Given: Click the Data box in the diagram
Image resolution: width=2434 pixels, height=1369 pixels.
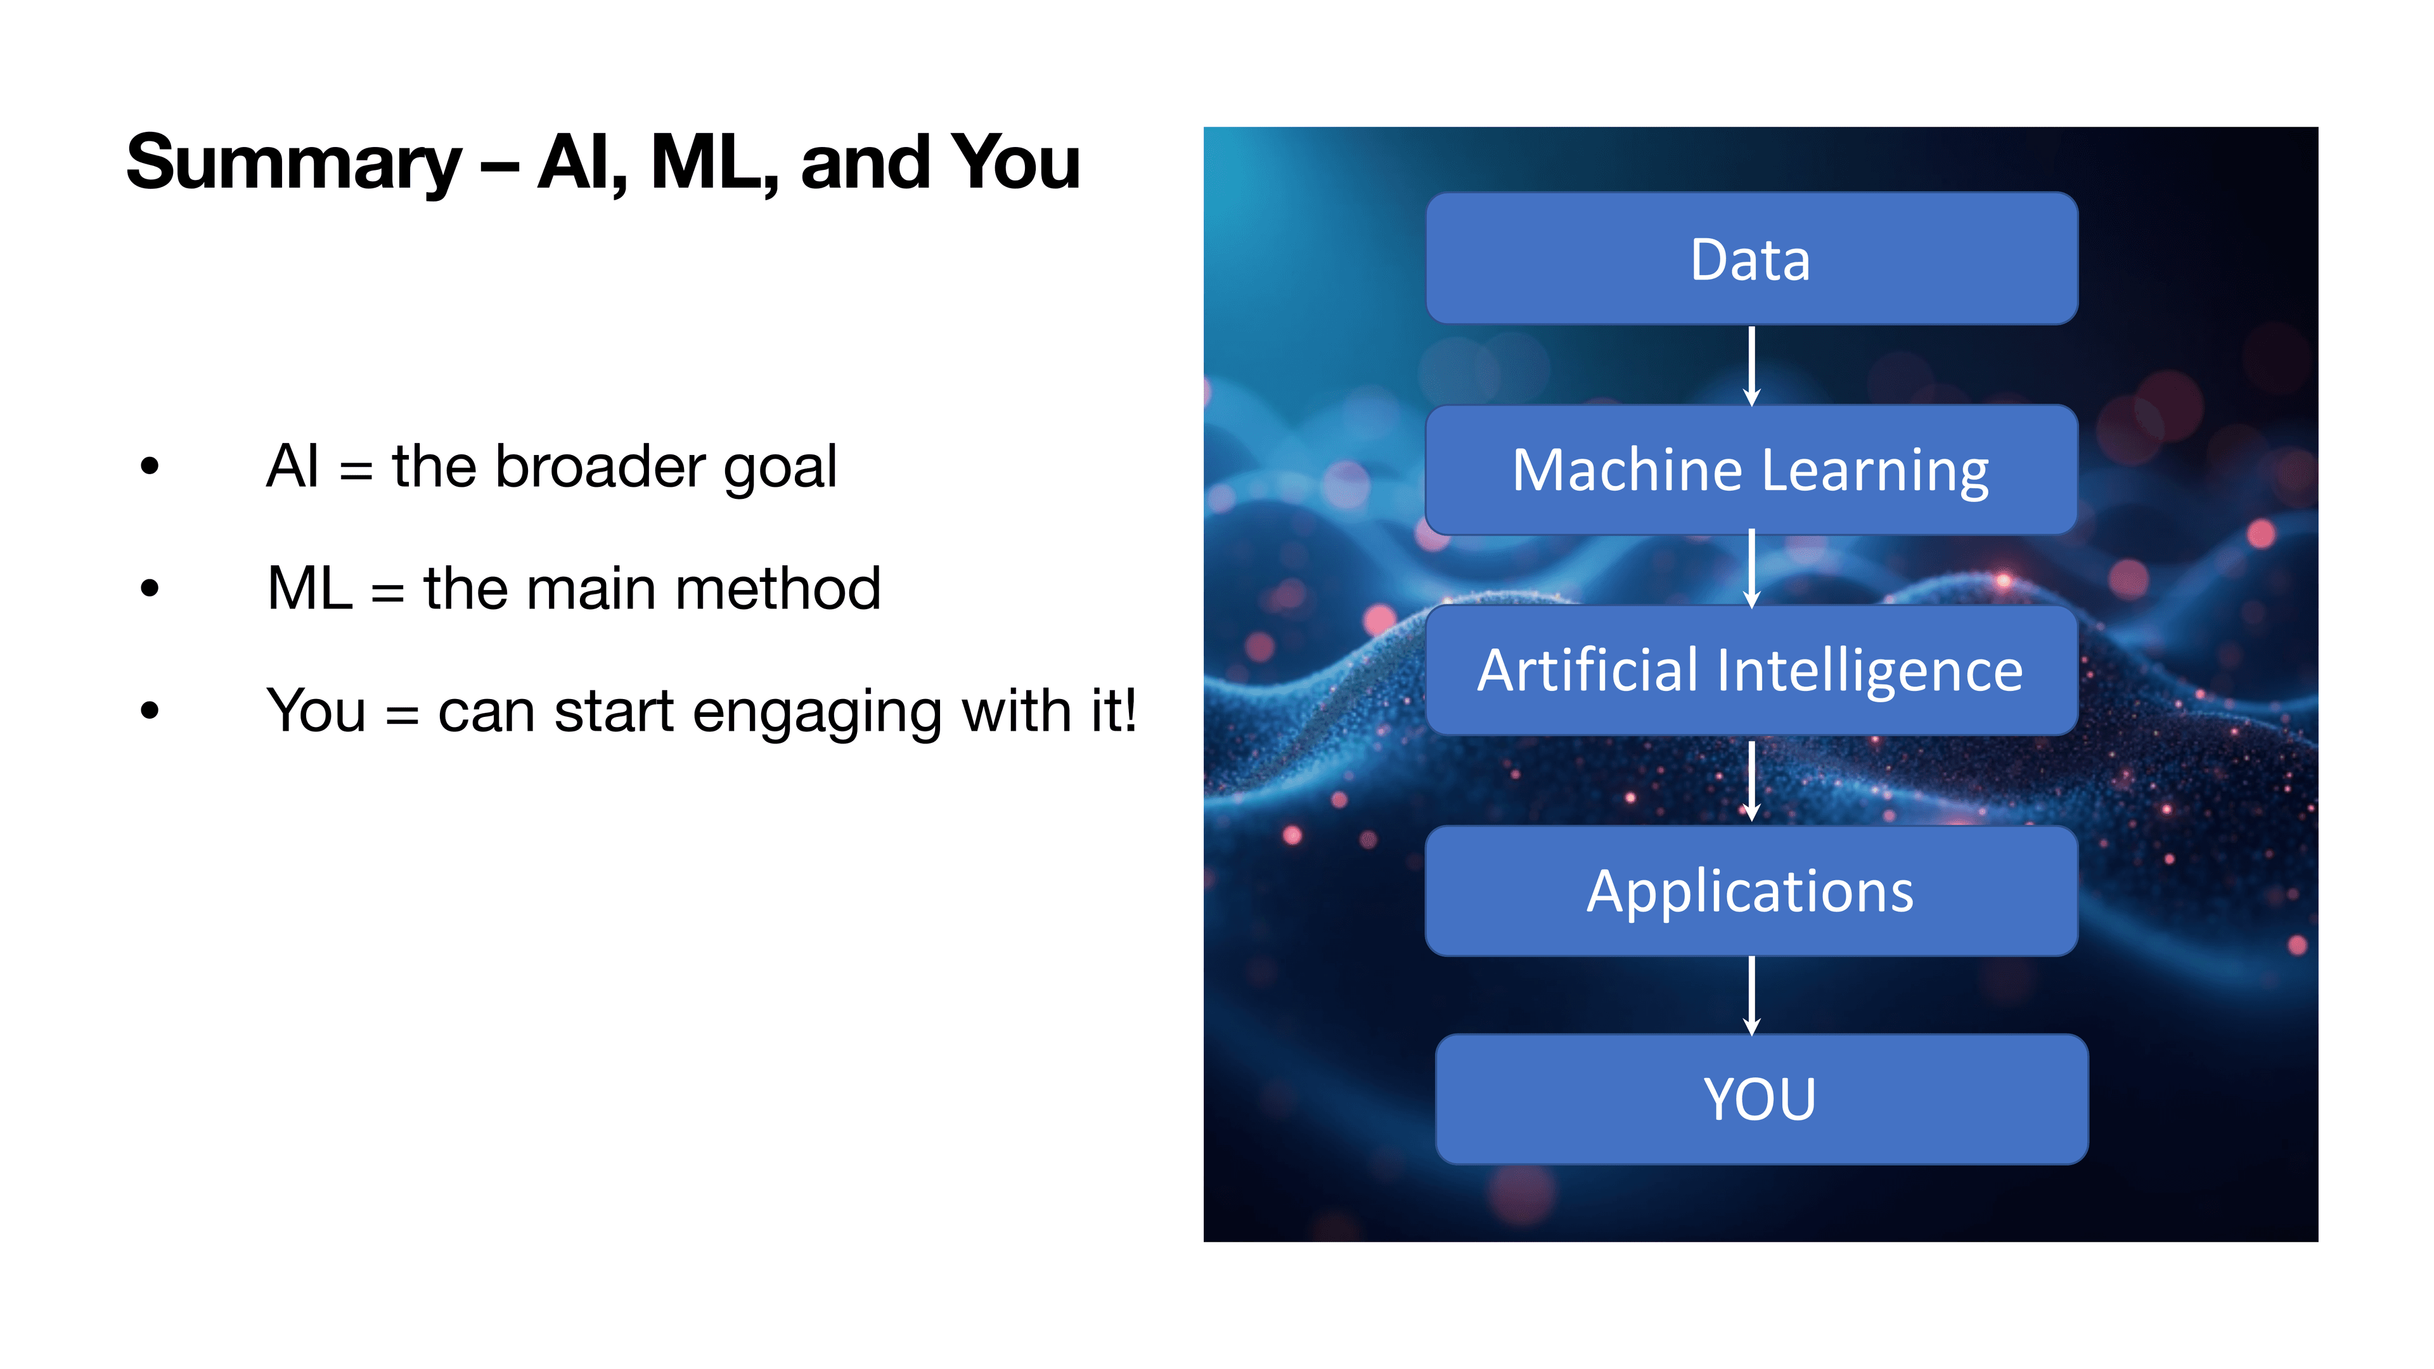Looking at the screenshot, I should [1751, 259].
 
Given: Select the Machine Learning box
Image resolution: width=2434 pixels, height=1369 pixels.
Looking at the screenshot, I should [1751, 470].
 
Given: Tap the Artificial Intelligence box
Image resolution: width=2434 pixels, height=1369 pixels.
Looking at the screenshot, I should [1751, 670].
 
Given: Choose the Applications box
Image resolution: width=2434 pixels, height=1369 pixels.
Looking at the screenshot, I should [1751, 891].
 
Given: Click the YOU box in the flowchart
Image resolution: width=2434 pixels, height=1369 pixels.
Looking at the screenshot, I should [1760, 1099].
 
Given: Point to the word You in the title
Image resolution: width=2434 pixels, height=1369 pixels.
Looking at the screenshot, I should [1015, 162].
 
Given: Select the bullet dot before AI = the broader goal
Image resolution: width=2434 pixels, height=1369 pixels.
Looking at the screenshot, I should [150, 466].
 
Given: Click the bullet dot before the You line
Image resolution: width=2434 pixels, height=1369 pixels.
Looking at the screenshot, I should [150, 710].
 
